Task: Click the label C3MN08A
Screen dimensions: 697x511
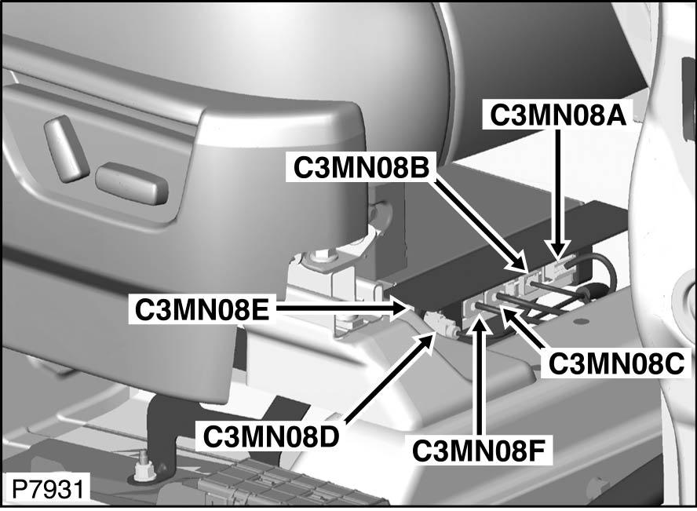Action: pos(558,115)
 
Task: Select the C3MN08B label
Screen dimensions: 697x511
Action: pos(361,167)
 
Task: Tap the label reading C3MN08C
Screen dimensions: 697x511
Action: pos(616,364)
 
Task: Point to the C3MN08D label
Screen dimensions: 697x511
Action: pos(271,436)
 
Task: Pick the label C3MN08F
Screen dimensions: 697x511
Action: pos(478,451)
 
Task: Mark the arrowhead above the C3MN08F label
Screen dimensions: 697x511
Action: pos(478,321)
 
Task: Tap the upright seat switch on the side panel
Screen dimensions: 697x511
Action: pos(67,148)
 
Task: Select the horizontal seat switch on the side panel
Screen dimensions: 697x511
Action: pos(132,183)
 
